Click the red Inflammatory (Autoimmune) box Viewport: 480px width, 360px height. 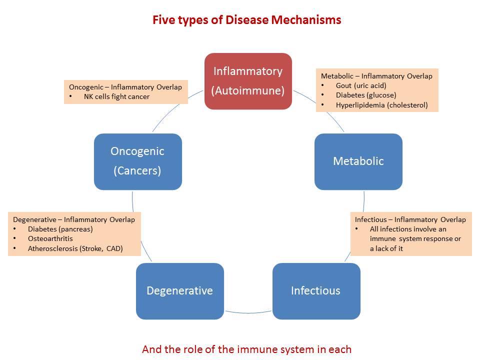click(248, 81)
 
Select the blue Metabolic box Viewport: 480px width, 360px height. click(358, 161)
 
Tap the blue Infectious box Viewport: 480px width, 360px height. click(316, 291)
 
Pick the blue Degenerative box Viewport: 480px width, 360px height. click(179, 291)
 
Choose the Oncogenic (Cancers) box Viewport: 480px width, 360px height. click(137, 161)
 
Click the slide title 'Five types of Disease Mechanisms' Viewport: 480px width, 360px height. click(247, 20)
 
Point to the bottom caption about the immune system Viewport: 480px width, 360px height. click(247, 349)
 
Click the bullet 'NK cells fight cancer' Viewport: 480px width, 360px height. click(116, 96)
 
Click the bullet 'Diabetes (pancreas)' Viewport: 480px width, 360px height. click(60, 229)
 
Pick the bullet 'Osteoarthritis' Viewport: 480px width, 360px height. click(50, 238)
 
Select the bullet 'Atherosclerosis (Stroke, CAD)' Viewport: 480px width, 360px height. click(75, 248)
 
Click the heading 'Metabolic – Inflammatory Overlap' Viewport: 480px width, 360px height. click(376, 76)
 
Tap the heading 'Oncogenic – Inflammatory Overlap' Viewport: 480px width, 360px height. click(125, 87)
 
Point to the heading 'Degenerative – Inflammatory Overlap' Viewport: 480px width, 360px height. click(74, 219)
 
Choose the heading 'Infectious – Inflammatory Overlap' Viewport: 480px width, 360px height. click(410, 219)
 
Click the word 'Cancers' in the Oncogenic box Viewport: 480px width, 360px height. click(137, 171)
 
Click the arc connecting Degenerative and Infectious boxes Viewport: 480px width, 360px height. click(248, 313)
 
